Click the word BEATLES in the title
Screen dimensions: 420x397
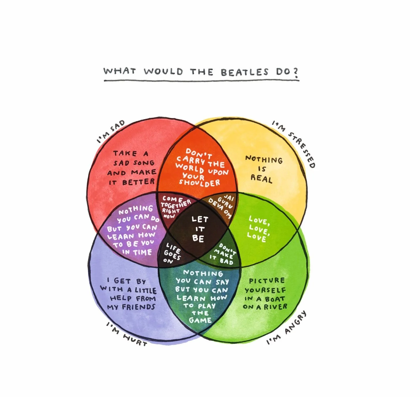(244, 72)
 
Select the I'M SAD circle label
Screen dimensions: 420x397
(111, 132)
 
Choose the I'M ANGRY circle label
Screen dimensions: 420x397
(287, 328)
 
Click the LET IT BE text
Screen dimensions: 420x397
(199, 229)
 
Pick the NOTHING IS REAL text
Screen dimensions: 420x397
(263, 169)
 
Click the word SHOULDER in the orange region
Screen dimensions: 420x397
(199, 183)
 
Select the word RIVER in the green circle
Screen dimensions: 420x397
(276, 307)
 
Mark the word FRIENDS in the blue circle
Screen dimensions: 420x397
(139, 307)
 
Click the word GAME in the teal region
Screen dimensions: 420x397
(200, 320)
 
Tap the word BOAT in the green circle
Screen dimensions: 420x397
(275, 299)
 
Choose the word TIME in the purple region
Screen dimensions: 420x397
(142, 252)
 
